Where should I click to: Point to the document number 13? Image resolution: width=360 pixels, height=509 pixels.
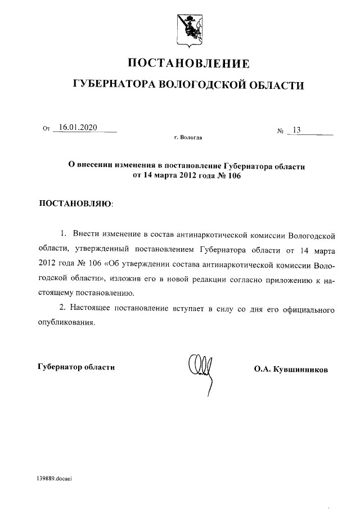click(x=296, y=130)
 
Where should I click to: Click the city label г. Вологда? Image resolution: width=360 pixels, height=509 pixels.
click(x=188, y=138)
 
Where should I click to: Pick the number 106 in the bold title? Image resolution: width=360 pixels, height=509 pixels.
click(x=237, y=175)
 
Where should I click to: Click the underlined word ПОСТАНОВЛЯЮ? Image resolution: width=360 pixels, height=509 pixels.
click(x=74, y=203)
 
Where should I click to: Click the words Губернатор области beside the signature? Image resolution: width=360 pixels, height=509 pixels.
click(x=76, y=367)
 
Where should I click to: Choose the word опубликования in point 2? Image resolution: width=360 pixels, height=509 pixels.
click(x=64, y=323)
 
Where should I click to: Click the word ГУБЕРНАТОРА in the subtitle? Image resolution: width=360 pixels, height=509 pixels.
click(x=115, y=85)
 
